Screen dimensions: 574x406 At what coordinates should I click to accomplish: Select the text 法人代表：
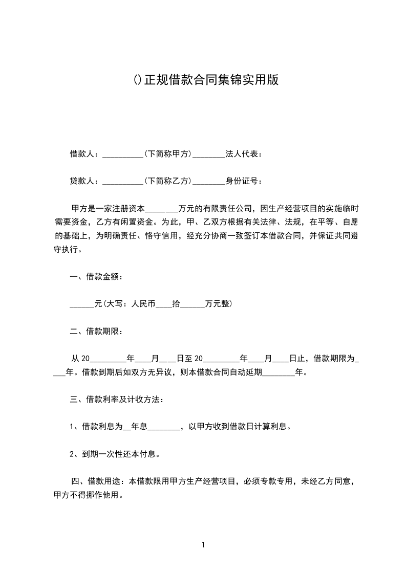point(243,154)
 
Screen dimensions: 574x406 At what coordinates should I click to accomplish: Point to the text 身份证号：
point(243,181)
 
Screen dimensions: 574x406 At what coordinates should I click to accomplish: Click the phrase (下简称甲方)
point(167,154)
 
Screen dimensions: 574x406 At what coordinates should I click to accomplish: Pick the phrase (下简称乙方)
point(167,181)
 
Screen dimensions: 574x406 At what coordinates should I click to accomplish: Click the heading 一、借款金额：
point(96,277)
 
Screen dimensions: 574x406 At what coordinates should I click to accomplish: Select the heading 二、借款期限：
point(96,331)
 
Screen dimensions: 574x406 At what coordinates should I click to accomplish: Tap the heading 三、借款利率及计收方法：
point(117,399)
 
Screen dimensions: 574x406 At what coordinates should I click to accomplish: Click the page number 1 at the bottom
point(203,545)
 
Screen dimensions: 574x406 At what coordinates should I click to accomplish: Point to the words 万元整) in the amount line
point(219,304)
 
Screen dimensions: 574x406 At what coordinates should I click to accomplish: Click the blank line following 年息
point(164,426)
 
